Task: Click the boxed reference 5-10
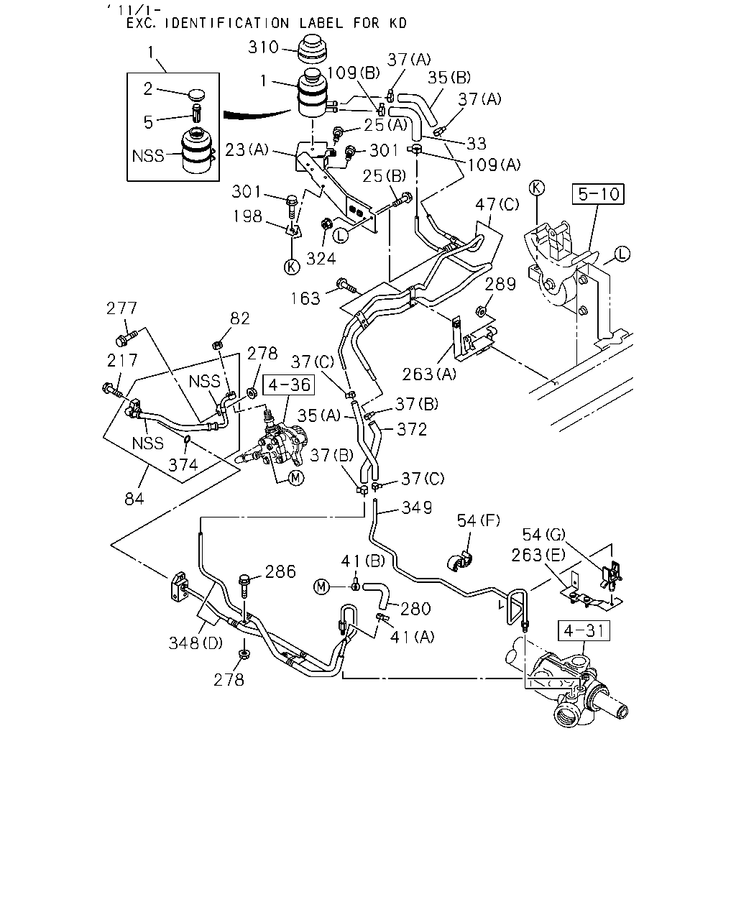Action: point(598,194)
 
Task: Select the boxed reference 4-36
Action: point(289,385)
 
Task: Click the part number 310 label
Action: point(264,47)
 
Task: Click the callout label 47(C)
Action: point(497,204)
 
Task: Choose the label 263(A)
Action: point(429,374)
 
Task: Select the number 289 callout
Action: point(500,284)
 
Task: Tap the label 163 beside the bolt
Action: point(305,298)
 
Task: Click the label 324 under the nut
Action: point(321,258)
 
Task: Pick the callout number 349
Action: point(417,507)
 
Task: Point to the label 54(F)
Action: point(479,520)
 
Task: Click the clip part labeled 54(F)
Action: point(460,561)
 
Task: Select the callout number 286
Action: point(280,571)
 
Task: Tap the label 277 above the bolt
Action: point(122,308)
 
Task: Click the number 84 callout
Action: point(134,499)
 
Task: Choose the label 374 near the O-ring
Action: point(183,465)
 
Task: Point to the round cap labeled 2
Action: point(197,94)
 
